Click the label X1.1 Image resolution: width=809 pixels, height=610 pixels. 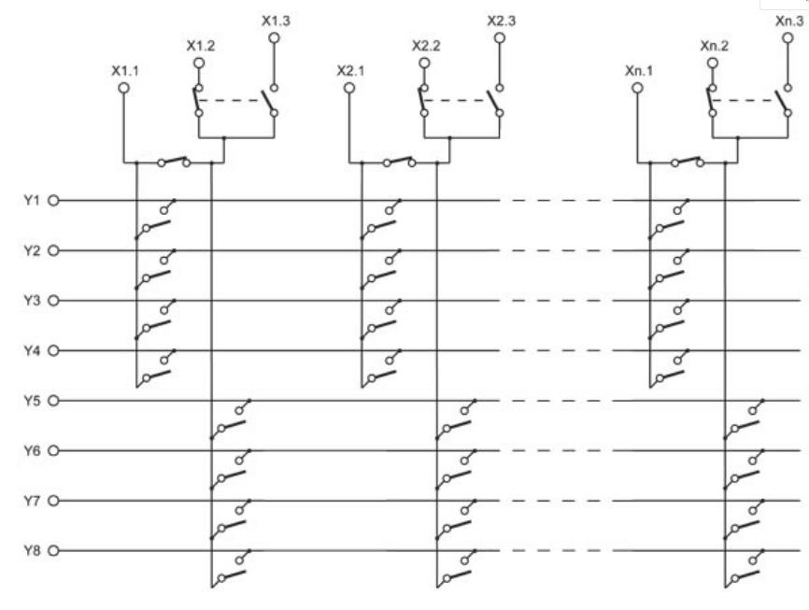(124, 69)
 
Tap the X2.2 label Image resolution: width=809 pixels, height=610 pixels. (426, 45)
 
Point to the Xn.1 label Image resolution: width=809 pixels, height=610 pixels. (638, 69)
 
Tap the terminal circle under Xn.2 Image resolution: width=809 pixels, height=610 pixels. (713, 63)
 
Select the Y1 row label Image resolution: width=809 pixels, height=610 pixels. (29, 200)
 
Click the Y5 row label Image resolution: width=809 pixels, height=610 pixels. (29, 401)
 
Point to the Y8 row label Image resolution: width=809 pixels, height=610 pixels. (29, 550)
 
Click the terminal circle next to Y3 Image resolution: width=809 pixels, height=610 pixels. (53, 301)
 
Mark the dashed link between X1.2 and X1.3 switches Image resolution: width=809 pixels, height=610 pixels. (234, 101)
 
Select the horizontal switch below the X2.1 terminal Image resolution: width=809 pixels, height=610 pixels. (399, 161)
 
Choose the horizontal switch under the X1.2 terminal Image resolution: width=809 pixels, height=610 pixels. (174, 161)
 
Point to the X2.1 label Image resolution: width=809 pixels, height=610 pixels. (351, 69)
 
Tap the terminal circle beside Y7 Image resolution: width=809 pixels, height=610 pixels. (53, 501)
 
